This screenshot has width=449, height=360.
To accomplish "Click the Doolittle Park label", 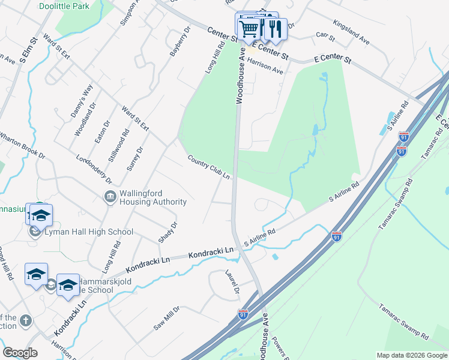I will tap(64, 6).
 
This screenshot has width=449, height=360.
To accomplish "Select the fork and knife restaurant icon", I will tap(274, 28).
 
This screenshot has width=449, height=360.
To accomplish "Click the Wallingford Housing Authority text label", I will tap(152, 197).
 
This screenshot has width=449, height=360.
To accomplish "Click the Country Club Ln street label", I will tap(209, 168).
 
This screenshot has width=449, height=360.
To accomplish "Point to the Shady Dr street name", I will tap(167, 233).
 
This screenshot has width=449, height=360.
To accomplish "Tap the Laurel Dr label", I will tap(232, 284).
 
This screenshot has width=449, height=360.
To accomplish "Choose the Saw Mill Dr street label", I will tap(166, 317).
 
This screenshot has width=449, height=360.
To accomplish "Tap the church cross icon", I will tap(25, 321).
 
